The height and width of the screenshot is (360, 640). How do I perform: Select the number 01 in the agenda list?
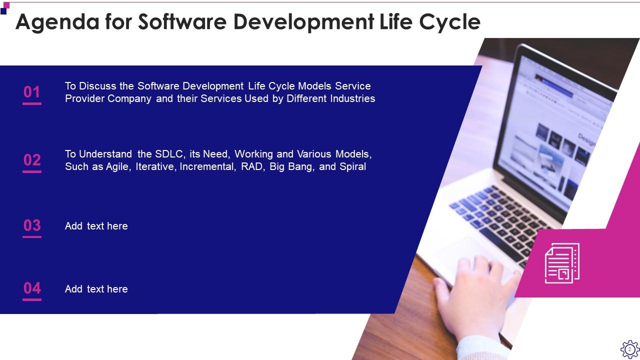(x=32, y=92)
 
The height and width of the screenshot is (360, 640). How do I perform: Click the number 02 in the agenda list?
(x=32, y=160)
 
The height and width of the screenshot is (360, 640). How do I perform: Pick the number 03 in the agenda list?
(x=32, y=225)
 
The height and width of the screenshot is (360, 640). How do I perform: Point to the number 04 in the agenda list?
(x=32, y=288)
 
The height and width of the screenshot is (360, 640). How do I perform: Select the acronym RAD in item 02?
(x=252, y=166)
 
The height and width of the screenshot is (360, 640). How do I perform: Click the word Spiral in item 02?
(x=352, y=166)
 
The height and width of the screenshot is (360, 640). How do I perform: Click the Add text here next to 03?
(x=96, y=226)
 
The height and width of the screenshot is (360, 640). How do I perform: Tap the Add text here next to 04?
(x=96, y=289)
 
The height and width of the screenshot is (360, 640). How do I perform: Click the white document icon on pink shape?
(x=562, y=263)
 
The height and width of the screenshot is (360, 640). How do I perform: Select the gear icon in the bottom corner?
(x=629, y=348)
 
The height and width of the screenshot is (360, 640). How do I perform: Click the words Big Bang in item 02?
(x=290, y=166)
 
